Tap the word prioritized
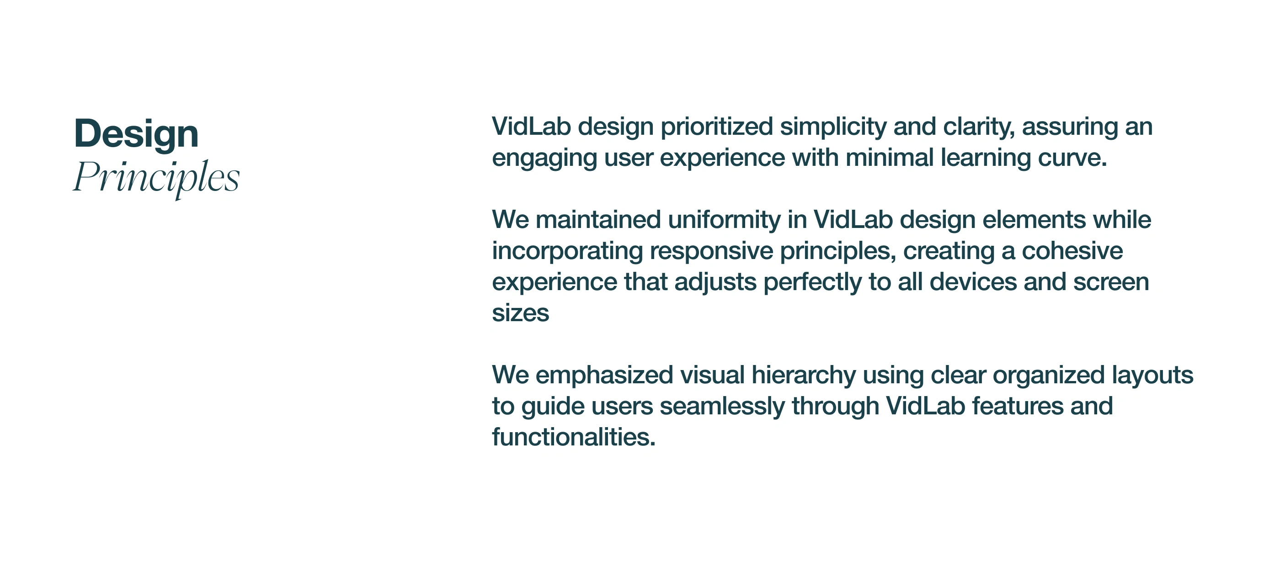tap(716, 127)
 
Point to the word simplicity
tap(833, 127)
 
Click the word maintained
tap(598, 220)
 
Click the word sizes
tap(520, 313)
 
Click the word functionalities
tap(573, 437)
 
